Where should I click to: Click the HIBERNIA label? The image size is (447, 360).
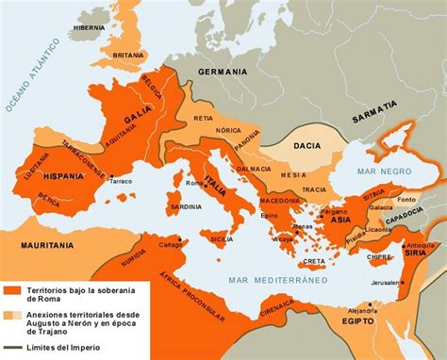click(x=90, y=28)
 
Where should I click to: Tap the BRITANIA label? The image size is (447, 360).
click(x=129, y=56)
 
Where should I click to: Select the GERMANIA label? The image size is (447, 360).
click(x=223, y=72)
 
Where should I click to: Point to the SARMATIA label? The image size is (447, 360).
click(x=375, y=118)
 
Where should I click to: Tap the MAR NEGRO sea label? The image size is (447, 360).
click(x=380, y=171)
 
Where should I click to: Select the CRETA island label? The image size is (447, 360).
click(x=314, y=260)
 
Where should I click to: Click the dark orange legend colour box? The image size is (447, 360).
click(x=12, y=290)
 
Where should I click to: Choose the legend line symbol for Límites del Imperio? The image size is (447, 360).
click(x=11, y=349)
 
